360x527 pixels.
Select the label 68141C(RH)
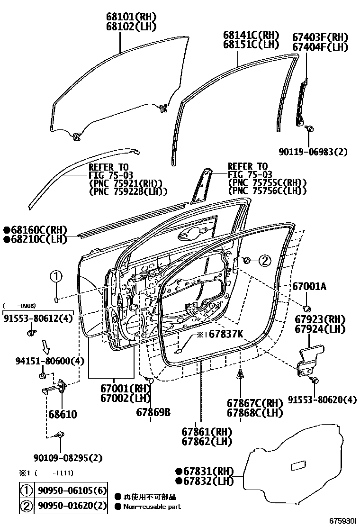(x=252, y=35)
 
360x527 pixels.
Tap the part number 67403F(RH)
(x=320, y=37)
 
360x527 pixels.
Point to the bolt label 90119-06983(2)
(x=313, y=152)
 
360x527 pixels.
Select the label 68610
(x=62, y=414)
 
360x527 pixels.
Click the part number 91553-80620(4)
(x=322, y=400)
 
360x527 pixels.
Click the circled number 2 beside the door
(x=264, y=260)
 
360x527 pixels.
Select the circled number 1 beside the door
(x=56, y=277)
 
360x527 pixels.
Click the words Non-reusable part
(x=152, y=506)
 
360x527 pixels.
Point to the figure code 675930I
(x=343, y=520)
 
